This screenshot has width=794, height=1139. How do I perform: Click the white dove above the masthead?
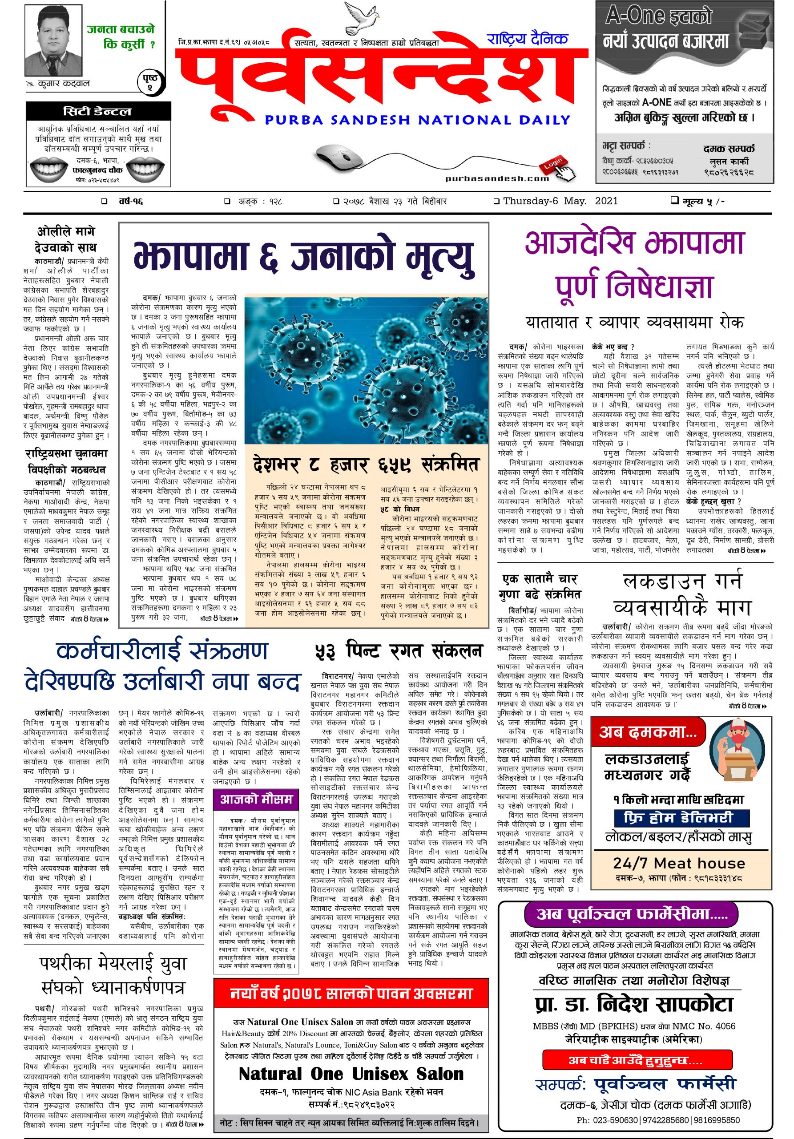click(361, 18)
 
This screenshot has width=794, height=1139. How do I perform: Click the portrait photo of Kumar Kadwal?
click(52, 44)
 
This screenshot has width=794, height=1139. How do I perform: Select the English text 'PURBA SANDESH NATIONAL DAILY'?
click(417, 120)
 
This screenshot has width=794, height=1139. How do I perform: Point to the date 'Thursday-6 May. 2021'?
click(560, 201)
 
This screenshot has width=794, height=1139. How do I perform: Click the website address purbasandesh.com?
click(497, 178)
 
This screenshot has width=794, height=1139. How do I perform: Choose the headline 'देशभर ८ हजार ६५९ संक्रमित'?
click(366, 465)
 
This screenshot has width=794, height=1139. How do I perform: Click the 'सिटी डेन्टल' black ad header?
click(98, 112)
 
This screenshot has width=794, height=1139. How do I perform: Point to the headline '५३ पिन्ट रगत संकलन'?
click(398, 651)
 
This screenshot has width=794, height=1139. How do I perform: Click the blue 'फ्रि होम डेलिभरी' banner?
click(678, 817)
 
